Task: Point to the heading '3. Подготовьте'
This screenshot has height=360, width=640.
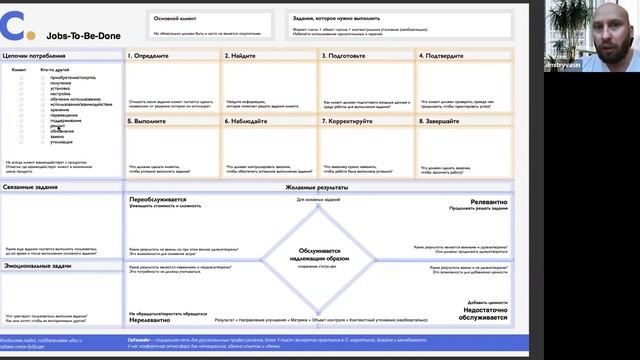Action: point(347,56)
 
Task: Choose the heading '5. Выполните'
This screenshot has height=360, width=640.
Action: point(148,121)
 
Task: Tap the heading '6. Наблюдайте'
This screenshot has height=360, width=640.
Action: point(248,121)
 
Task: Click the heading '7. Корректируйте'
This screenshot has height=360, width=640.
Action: point(352,121)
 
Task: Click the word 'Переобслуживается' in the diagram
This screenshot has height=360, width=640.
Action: point(158,199)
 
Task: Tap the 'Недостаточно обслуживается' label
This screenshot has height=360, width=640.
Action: point(485,314)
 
